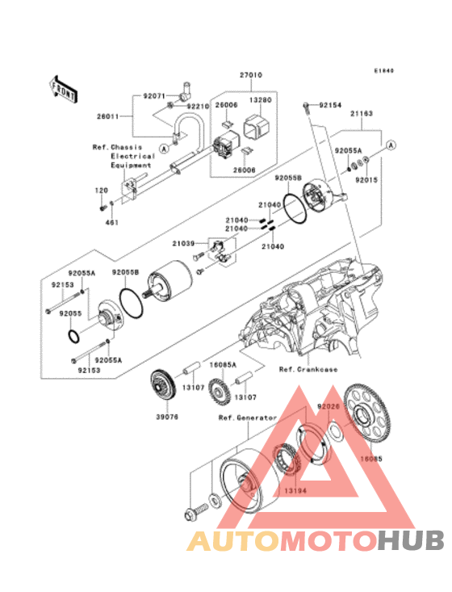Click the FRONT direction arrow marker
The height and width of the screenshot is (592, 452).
[65, 87]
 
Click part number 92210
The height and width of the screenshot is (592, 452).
[198, 106]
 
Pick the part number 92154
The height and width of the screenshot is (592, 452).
[331, 105]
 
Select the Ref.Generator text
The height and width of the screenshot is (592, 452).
[247, 418]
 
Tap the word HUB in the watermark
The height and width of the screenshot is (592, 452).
[408, 540]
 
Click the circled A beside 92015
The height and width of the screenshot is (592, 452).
[391, 145]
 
